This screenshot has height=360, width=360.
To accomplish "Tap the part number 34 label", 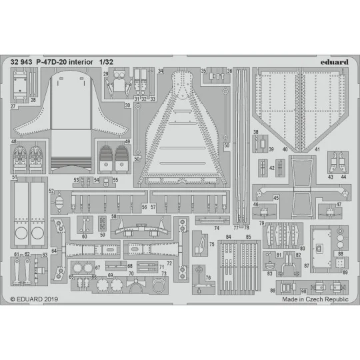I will (161, 71).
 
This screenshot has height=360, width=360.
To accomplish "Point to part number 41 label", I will (318, 149).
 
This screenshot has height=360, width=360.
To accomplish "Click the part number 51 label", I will (14, 177).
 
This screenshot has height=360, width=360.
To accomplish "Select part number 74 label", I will (217, 228).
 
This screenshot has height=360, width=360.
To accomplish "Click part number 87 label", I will (307, 266).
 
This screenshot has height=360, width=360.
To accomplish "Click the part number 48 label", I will (14, 141).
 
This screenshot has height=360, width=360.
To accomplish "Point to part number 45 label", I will (276, 198).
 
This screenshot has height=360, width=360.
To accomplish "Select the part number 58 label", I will (114, 217).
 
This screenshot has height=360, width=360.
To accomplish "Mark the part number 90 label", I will (303, 291).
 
